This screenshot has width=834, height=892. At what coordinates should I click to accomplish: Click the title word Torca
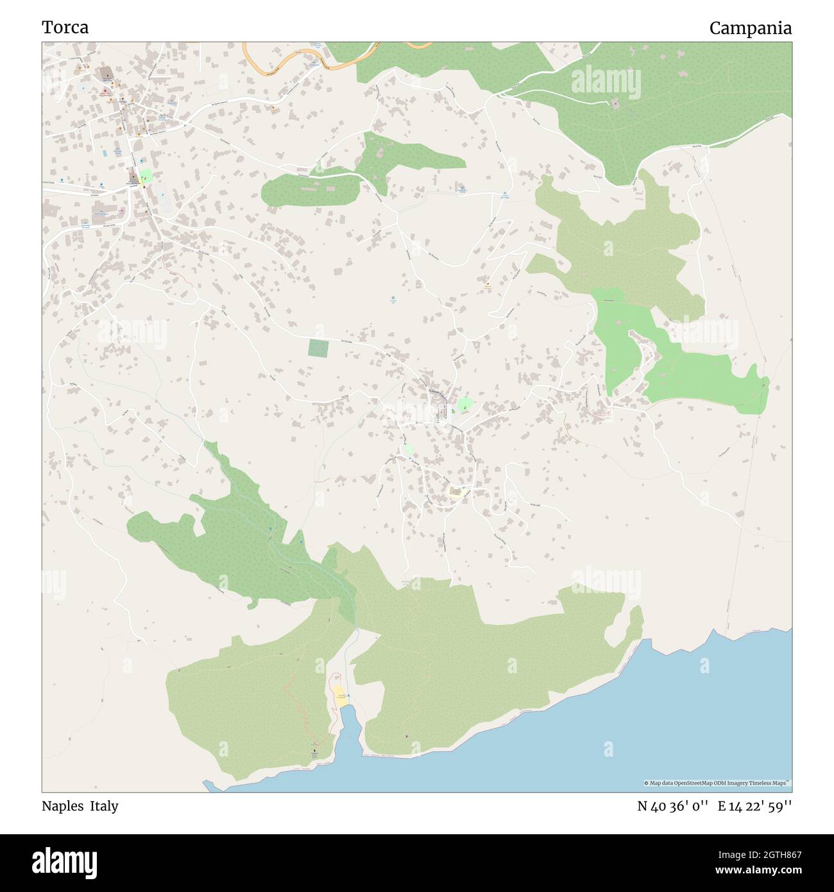click(x=65, y=28)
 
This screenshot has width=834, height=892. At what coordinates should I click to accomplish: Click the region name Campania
click(x=750, y=28)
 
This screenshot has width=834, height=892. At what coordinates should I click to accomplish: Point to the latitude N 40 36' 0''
click(x=673, y=806)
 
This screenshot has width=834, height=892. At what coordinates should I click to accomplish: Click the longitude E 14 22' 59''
click(x=755, y=806)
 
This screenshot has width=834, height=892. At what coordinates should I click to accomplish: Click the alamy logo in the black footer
click(x=64, y=860)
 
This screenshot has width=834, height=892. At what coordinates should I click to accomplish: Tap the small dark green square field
click(x=318, y=348)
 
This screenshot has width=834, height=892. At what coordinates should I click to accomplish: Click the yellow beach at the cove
click(x=339, y=695)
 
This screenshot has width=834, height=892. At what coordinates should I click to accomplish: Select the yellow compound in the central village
click(x=455, y=492)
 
